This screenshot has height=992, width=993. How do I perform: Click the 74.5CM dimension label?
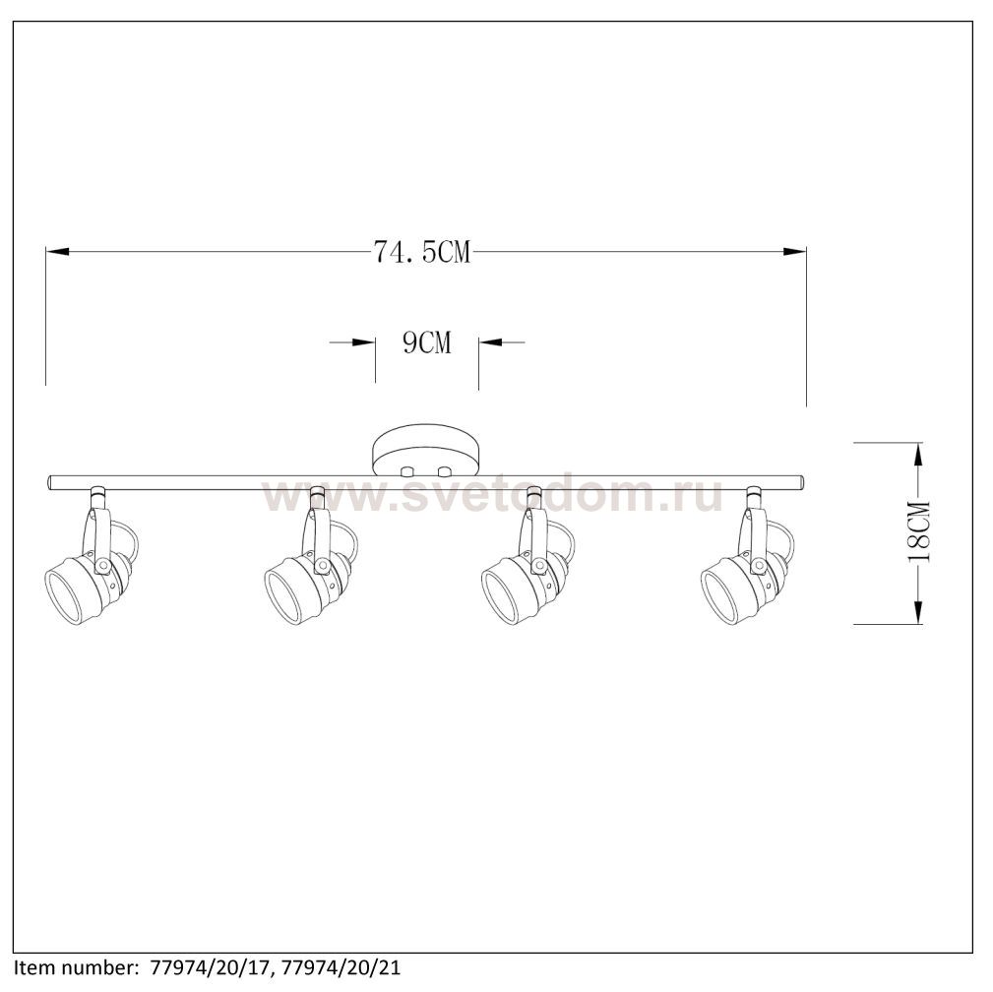422,252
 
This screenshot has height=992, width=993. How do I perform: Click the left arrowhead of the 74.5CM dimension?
57,252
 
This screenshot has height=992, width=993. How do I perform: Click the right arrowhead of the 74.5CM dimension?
795,252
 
